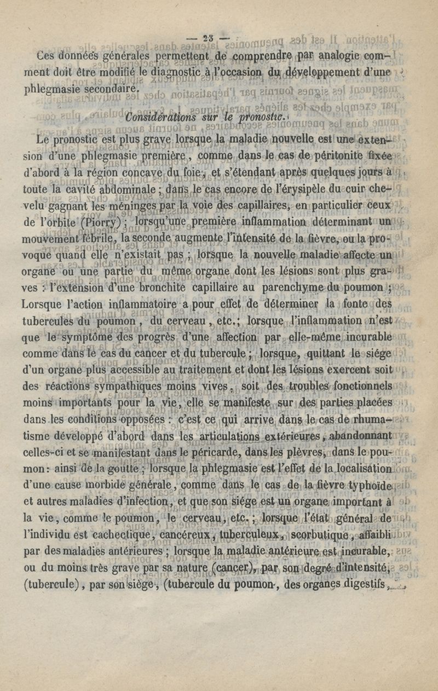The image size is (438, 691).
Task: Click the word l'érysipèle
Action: tap(309, 191)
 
